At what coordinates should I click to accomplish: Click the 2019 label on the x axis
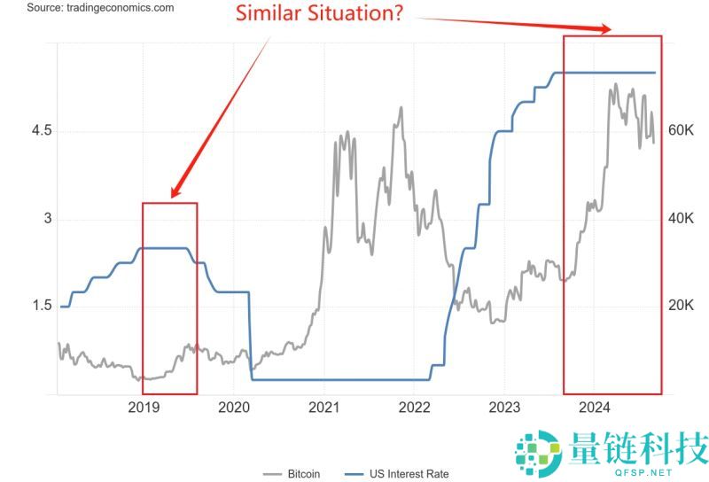(x=144, y=408)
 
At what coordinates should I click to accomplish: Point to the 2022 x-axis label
(x=414, y=408)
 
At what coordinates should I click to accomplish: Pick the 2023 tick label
(x=503, y=408)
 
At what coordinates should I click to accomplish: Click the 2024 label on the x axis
(x=594, y=408)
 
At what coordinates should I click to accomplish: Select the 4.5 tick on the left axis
(x=42, y=130)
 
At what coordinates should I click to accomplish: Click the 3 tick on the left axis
(x=48, y=218)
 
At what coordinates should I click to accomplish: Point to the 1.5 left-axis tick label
(x=42, y=306)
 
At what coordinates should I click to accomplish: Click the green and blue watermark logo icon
(x=539, y=452)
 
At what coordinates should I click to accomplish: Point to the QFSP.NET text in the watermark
(x=639, y=472)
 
